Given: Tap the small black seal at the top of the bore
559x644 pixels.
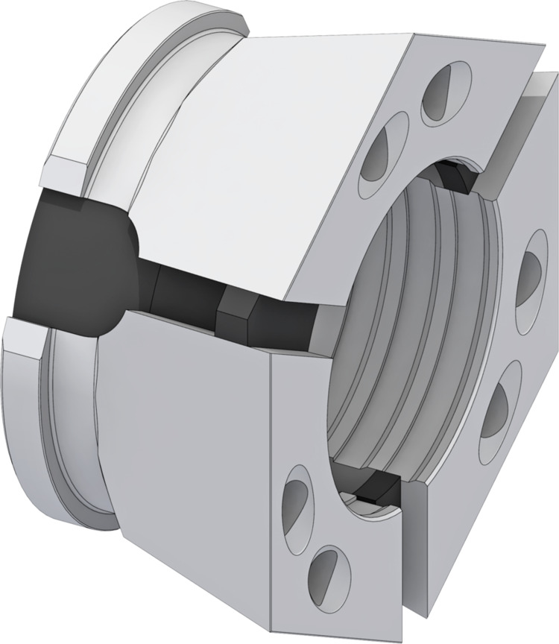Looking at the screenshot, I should [452, 177].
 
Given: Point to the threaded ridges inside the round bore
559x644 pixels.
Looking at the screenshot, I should [417, 313].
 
